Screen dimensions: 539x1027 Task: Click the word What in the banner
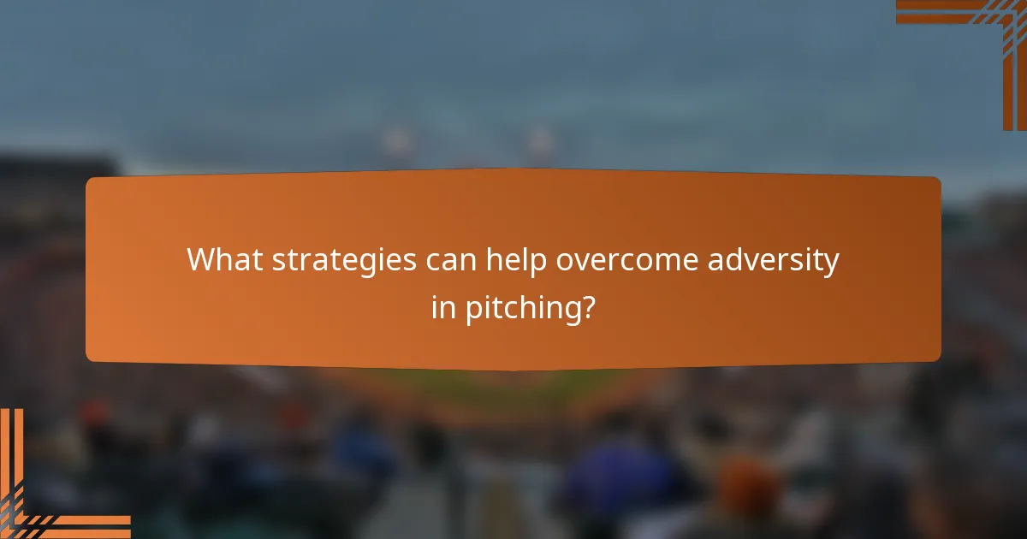(x=225, y=260)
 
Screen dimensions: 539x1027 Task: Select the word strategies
(x=346, y=260)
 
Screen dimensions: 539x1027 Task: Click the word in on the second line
(x=443, y=308)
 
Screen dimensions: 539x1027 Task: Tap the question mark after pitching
(x=587, y=308)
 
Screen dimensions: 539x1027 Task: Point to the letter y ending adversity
(x=830, y=264)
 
